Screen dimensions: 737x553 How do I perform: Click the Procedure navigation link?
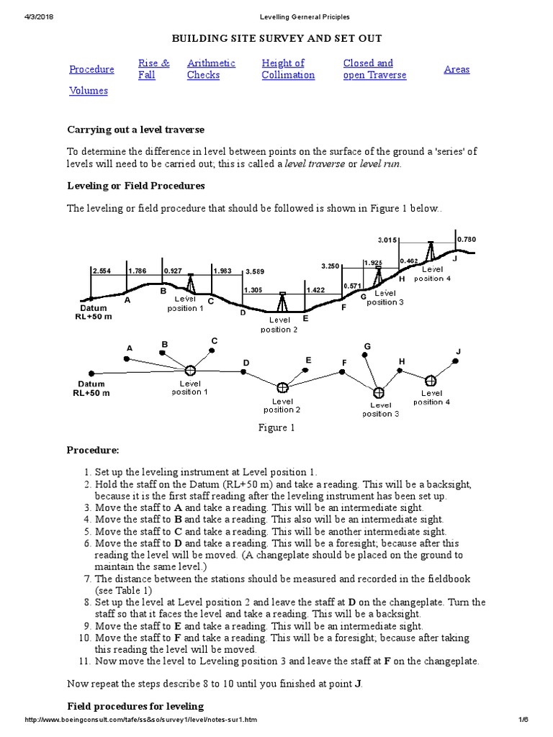[x=91, y=69]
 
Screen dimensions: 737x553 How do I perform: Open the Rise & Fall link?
[x=153, y=69]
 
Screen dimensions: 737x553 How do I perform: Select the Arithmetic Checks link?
[x=211, y=69]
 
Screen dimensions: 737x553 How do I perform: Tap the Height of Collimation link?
[x=288, y=69]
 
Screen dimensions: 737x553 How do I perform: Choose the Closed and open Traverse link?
[x=374, y=69]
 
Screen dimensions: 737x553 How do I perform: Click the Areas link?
[x=457, y=69]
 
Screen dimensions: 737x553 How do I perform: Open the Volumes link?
[x=88, y=91]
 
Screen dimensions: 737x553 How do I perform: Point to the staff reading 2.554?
[x=102, y=271]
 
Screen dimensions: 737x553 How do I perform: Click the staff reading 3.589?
[x=256, y=272]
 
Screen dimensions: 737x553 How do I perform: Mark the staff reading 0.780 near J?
[x=466, y=239]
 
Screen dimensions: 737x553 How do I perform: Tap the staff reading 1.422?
[x=315, y=290]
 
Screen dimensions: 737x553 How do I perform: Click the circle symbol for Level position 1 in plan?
[x=190, y=370]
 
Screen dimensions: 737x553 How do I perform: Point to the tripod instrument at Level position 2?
[x=282, y=302]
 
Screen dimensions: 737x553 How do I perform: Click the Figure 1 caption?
[x=276, y=428]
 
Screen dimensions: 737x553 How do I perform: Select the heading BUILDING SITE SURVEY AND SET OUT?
[x=276, y=38]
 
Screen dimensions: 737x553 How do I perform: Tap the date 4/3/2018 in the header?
[x=42, y=16]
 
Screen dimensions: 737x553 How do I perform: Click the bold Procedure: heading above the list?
[x=93, y=450]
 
